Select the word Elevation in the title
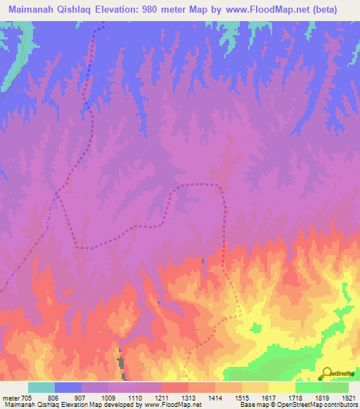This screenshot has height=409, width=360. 119,10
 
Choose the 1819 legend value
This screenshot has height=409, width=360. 321,397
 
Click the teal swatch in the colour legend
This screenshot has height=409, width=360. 41,387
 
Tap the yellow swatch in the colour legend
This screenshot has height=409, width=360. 281,387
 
